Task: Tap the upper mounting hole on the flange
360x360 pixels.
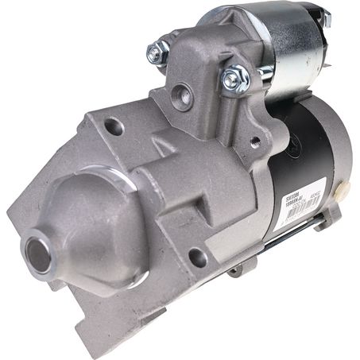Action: tap(114, 126)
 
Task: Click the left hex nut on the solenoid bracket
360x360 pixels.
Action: tap(157, 53)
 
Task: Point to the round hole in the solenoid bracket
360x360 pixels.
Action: tap(186, 97)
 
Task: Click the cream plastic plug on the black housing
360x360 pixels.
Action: tap(343, 190)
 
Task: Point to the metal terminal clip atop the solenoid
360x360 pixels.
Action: tap(324, 17)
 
